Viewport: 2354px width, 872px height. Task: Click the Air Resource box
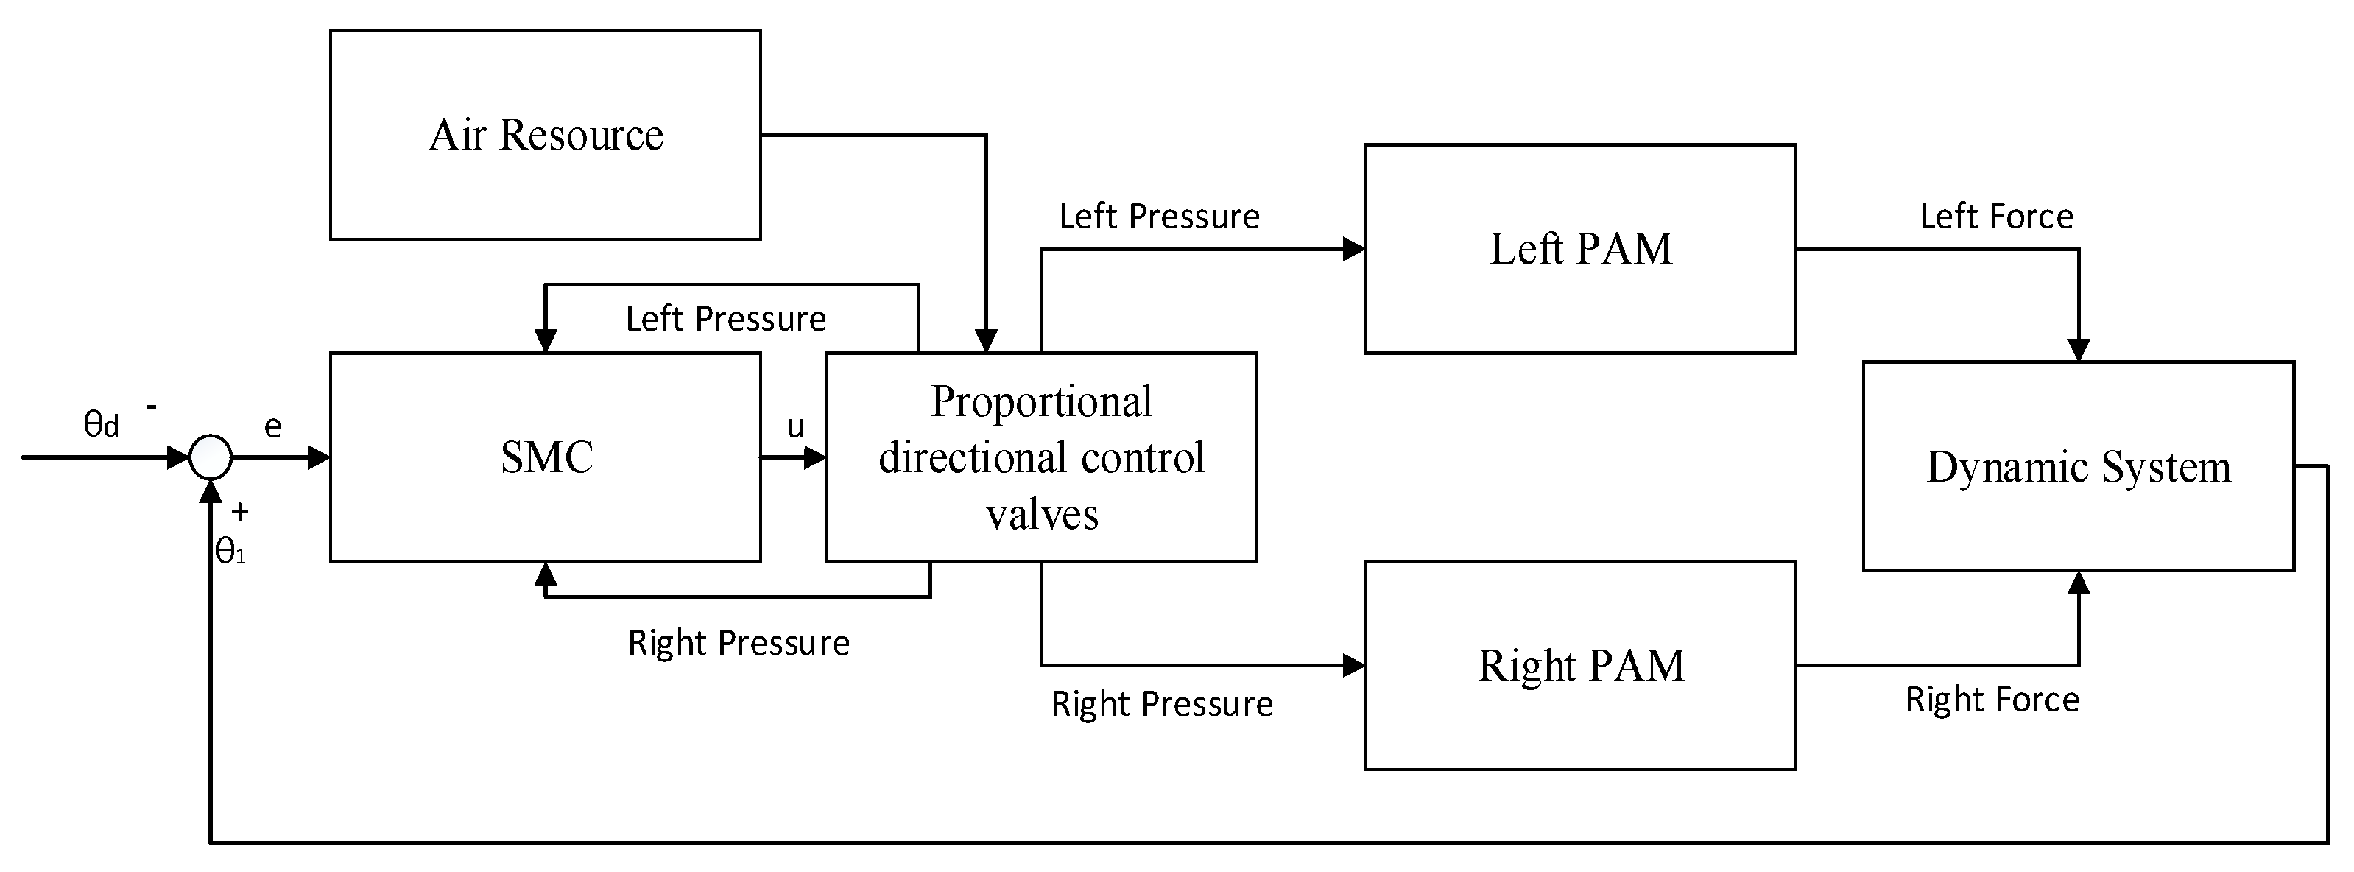(x=545, y=136)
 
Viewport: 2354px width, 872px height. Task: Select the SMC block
(x=545, y=457)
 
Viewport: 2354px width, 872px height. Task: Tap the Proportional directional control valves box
(x=1041, y=457)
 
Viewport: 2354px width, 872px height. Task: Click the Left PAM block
(x=1580, y=249)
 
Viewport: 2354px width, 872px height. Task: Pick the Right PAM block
(x=1580, y=666)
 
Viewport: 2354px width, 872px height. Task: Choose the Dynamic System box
(x=2078, y=466)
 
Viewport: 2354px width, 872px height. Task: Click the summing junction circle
(x=210, y=457)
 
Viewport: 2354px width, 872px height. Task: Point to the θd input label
(x=101, y=424)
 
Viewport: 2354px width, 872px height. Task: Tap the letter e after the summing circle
(x=272, y=427)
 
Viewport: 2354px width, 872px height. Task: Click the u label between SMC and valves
(x=795, y=427)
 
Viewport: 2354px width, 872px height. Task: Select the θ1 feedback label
(x=230, y=551)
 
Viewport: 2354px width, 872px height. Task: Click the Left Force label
(x=1995, y=217)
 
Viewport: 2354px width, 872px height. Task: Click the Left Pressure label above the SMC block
(x=725, y=319)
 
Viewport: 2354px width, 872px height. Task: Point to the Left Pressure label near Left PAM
(x=1159, y=217)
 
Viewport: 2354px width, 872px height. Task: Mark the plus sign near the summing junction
(x=240, y=512)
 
